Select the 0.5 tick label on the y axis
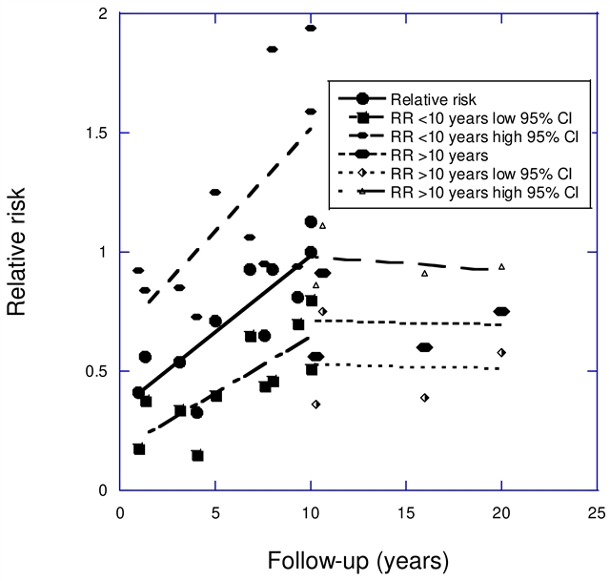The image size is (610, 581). pyautogui.click(x=93, y=372)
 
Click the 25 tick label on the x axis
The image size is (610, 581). pyautogui.click(x=597, y=511)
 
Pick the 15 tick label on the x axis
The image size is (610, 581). pyautogui.click(x=406, y=511)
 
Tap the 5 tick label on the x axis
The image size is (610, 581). pyautogui.click(x=215, y=511)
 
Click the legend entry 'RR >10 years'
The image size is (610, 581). pyautogui.click(x=435, y=155)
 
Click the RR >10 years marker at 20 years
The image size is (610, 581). pyautogui.click(x=501, y=311)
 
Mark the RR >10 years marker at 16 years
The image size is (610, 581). pyautogui.click(x=425, y=347)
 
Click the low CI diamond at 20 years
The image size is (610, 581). pyautogui.click(x=501, y=352)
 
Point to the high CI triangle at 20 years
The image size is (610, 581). pyautogui.click(x=501, y=266)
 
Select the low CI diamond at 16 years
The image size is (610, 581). pyautogui.click(x=425, y=397)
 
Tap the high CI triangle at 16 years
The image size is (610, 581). pyautogui.click(x=425, y=274)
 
